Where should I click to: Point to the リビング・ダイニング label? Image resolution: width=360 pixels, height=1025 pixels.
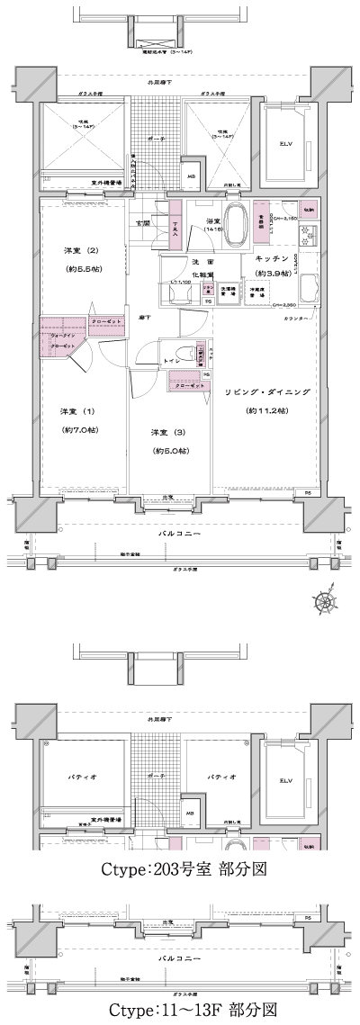[266, 393]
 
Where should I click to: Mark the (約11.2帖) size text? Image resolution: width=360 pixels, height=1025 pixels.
[266, 410]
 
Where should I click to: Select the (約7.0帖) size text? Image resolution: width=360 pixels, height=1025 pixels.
[78, 429]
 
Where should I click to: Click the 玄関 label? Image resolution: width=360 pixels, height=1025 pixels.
[142, 222]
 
